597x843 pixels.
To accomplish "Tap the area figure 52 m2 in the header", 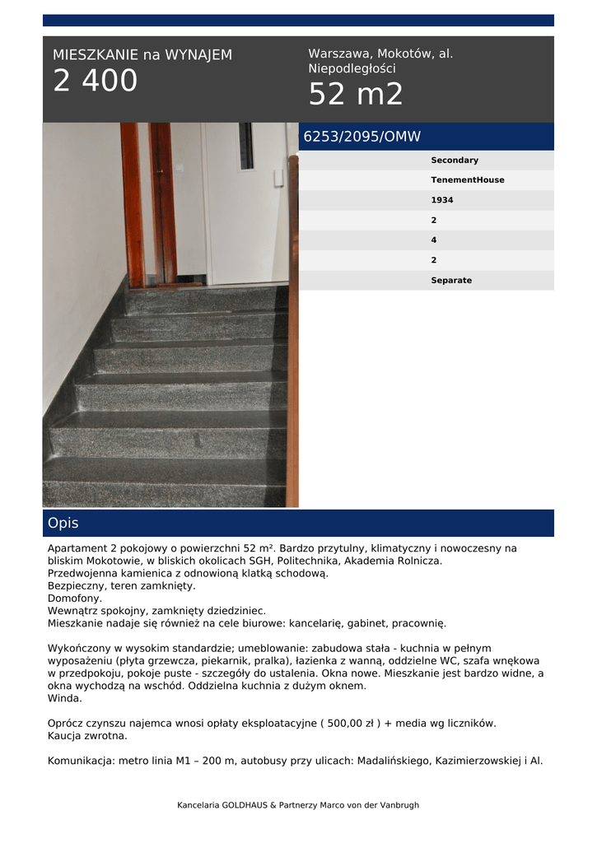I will click(x=356, y=95).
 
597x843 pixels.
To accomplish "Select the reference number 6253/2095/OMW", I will click(x=362, y=137).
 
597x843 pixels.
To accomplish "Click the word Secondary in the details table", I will click(x=455, y=161).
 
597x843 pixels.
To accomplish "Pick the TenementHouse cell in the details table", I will click(x=468, y=180).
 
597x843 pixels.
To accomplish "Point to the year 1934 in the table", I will click(x=442, y=200).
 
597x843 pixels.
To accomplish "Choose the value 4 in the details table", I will click(x=434, y=240).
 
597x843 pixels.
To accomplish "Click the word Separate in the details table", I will click(x=451, y=281).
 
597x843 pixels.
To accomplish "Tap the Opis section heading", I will click(x=63, y=524).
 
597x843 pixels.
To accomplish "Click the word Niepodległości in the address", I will click(x=352, y=69).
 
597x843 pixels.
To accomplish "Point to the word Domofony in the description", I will click(x=75, y=598).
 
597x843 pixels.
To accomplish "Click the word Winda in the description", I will click(x=65, y=698).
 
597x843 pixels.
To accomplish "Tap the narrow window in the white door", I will click(x=246, y=146).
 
